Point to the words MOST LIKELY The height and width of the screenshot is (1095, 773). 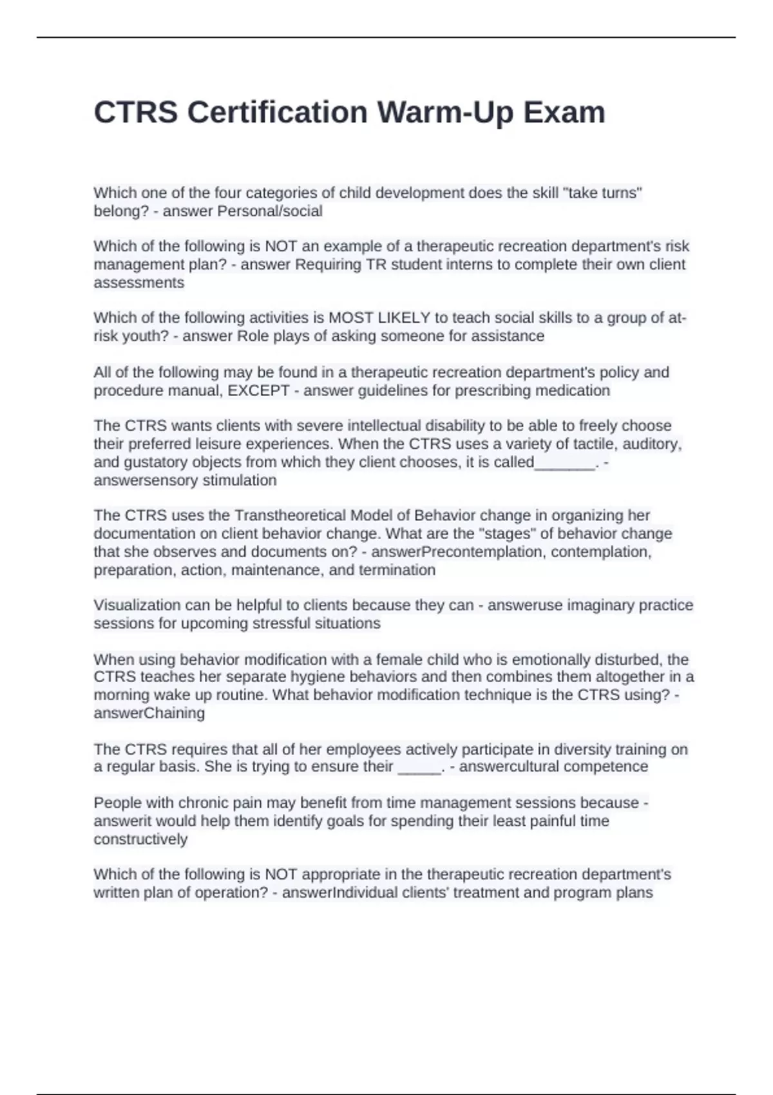click(379, 318)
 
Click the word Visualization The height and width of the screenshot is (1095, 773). click(137, 605)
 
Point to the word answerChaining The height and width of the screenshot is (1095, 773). click(149, 713)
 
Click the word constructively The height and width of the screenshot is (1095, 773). click(140, 839)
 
